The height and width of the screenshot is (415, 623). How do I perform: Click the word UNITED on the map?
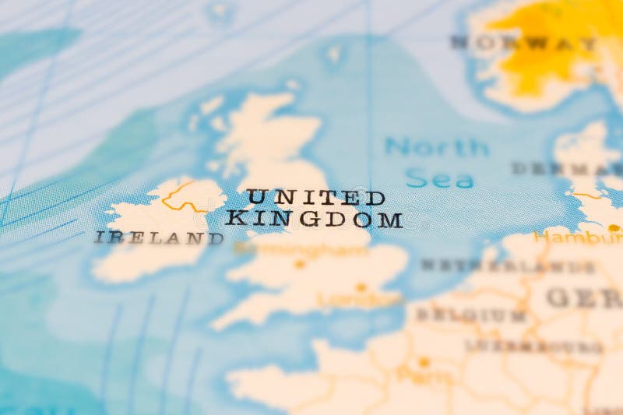pyautogui.click(x=315, y=197)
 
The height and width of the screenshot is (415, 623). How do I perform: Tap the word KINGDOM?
pyautogui.click(x=314, y=219)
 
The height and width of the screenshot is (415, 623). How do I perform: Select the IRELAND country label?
pyautogui.click(x=159, y=237)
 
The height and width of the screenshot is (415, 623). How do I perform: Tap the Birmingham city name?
pyautogui.click(x=301, y=249)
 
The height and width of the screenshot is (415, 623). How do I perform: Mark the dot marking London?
pyautogui.click(x=361, y=287)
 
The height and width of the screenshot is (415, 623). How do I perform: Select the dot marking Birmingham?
pyautogui.click(x=300, y=264)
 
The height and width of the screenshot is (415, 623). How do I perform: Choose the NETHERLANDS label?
pyautogui.click(x=507, y=266)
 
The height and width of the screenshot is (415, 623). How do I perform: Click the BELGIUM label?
pyautogui.click(x=471, y=315)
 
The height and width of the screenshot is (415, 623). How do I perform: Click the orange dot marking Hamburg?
pyautogui.click(x=614, y=227)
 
